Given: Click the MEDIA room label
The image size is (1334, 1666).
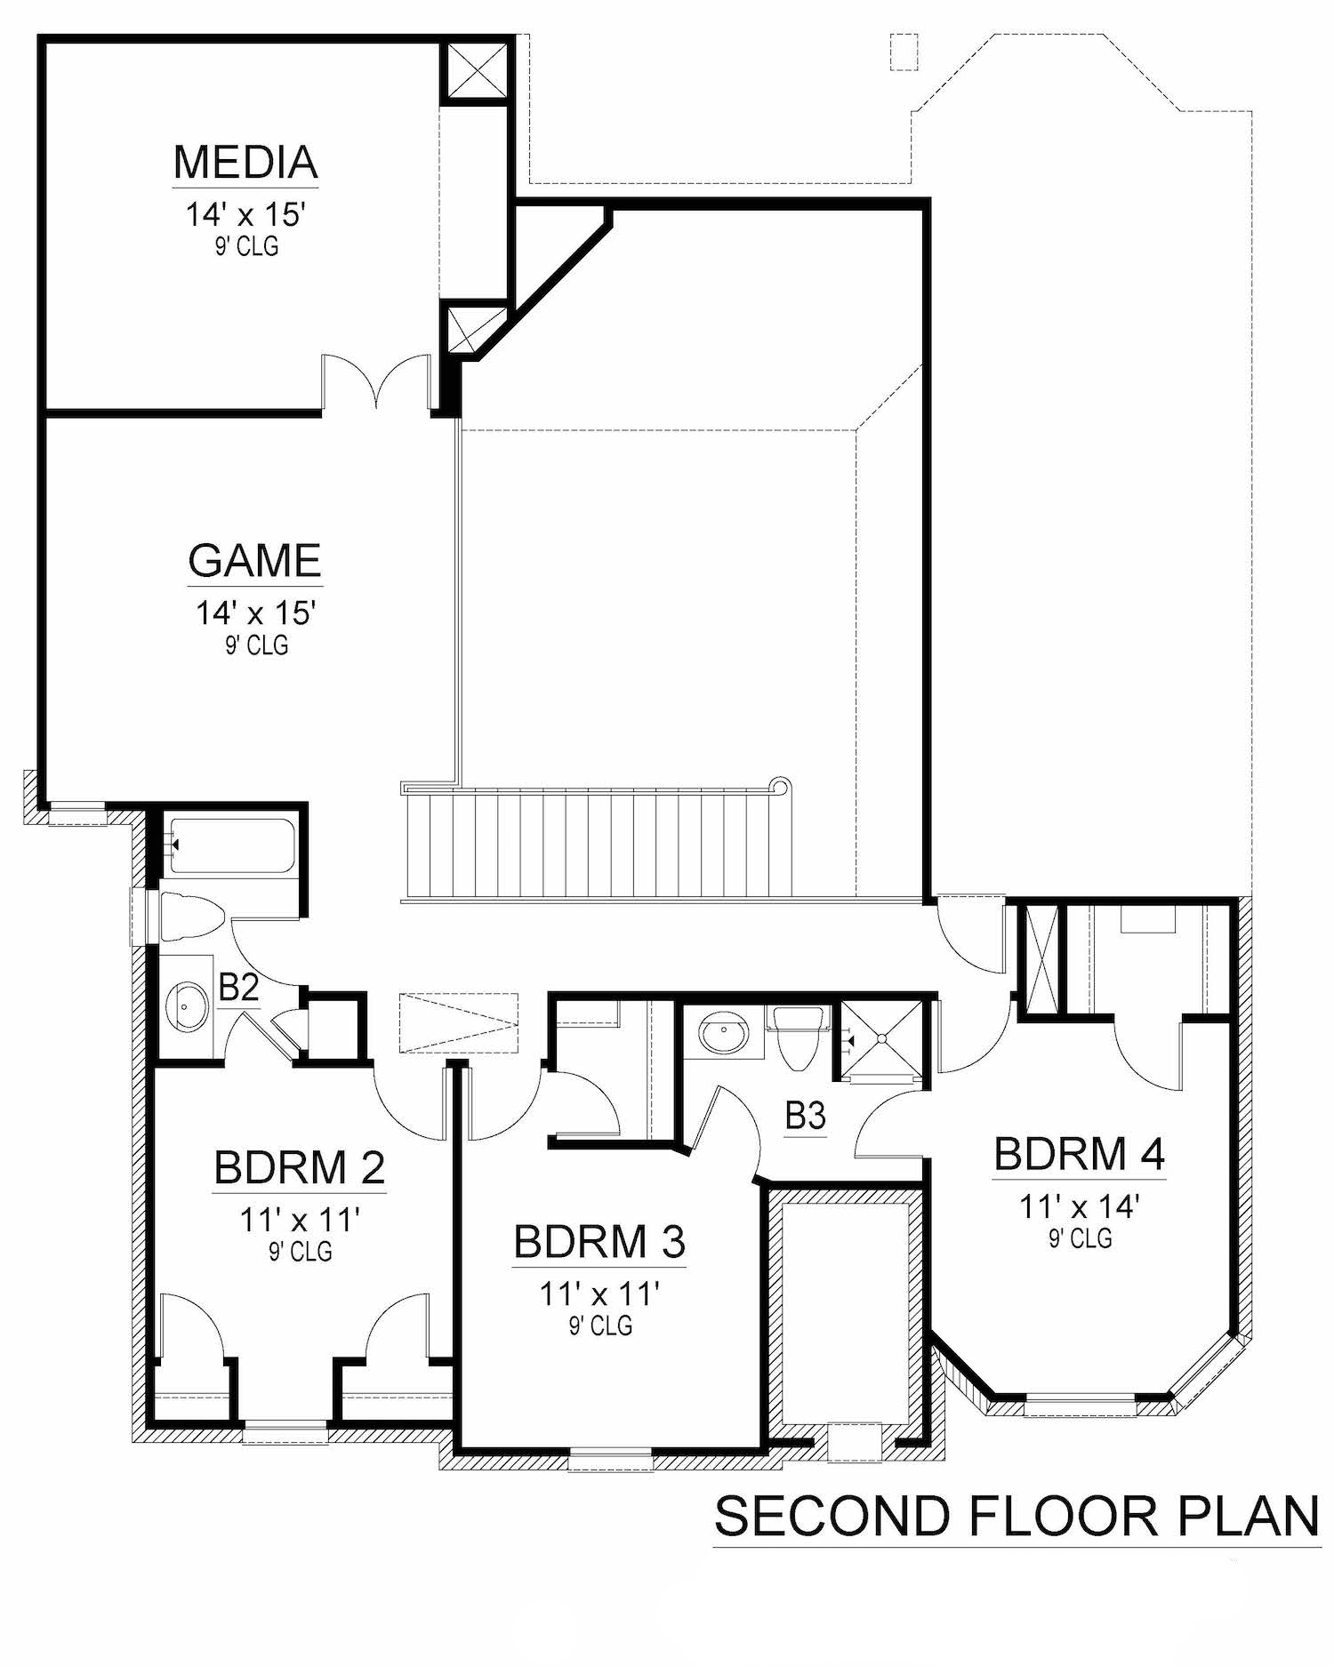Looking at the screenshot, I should pos(245,162).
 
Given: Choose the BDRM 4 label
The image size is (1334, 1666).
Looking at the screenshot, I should pos(1079,1154).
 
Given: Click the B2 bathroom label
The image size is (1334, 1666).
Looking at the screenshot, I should pos(238,988).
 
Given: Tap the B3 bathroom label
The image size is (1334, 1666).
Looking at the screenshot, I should pos(806,1116).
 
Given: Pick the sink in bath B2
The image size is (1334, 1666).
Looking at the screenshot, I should pos(187,1006).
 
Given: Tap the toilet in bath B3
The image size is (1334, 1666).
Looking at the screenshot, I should pos(797,1036).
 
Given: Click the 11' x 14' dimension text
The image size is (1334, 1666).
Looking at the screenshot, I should pos(1079,1206).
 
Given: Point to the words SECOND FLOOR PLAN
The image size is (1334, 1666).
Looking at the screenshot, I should pos(1017,1517).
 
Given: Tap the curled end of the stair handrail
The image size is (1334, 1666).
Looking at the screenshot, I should pos(781,786).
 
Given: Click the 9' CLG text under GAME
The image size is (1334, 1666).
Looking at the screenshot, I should pos(256,645).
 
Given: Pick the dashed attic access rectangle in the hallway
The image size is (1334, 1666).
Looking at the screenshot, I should pos(458,1022).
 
